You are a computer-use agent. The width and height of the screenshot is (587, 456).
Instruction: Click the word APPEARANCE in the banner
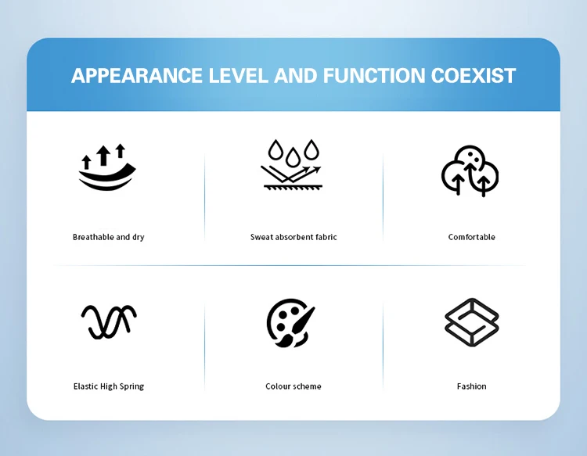pyautogui.click(x=137, y=76)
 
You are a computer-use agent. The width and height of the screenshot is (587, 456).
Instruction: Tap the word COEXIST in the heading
pyautogui.click(x=474, y=76)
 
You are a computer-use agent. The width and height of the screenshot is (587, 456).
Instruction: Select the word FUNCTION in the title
pyautogui.click(x=374, y=76)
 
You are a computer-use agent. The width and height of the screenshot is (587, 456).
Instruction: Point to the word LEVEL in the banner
pyautogui.click(x=239, y=76)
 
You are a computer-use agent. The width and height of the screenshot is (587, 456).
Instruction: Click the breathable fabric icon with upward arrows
pyautogui.click(x=107, y=167)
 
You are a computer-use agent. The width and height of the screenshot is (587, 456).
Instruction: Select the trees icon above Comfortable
pyautogui.click(x=470, y=171)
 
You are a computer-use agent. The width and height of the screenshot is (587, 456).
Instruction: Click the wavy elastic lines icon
pyautogui.click(x=109, y=321)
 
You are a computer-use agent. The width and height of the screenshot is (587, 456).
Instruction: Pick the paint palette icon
pyautogui.click(x=291, y=323)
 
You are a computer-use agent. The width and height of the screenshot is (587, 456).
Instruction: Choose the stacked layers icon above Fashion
pyautogui.click(x=472, y=322)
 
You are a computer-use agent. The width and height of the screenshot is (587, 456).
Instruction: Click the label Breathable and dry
pyautogui.click(x=109, y=237)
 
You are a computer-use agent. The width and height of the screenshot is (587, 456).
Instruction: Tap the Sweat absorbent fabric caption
pyautogui.click(x=293, y=237)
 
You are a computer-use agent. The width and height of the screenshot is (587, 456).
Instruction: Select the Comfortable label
pyautogui.click(x=472, y=237)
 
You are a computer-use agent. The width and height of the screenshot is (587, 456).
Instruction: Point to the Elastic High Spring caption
pyautogui.click(x=109, y=386)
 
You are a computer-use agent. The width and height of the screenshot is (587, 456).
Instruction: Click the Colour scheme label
pyautogui.click(x=293, y=386)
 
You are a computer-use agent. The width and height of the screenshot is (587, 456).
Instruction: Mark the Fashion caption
pyautogui.click(x=472, y=386)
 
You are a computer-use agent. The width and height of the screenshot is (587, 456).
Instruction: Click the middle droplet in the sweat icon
pyautogui.click(x=293, y=157)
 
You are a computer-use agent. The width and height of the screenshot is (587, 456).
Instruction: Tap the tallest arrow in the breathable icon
pyautogui.click(x=103, y=155)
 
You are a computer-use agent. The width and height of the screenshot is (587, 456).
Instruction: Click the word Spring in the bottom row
pyautogui.click(x=131, y=387)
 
